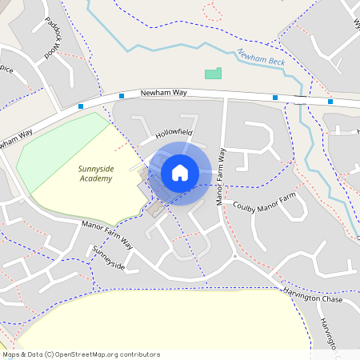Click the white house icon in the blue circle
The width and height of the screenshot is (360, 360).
pyautogui.click(x=180, y=173)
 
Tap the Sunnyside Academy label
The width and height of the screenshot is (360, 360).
pyautogui.click(x=95, y=174)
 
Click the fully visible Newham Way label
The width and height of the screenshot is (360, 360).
pyautogui.click(x=163, y=94)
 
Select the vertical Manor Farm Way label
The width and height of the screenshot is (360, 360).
pyautogui.click(x=222, y=177)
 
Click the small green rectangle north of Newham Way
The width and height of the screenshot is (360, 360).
pyautogui.click(x=213, y=74)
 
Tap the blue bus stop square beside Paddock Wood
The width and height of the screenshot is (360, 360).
pyautogui.click(x=81, y=106)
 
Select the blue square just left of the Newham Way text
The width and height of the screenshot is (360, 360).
pyautogui.click(x=122, y=97)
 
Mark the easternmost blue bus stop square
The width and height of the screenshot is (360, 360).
pyautogui.click(x=330, y=102)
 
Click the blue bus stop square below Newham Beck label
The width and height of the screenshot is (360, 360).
pyautogui.click(x=275, y=98)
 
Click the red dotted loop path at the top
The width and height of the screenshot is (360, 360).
pyautogui.click(x=213, y=11)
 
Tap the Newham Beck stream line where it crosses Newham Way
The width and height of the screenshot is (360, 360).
pyautogui.click(x=302, y=100)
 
